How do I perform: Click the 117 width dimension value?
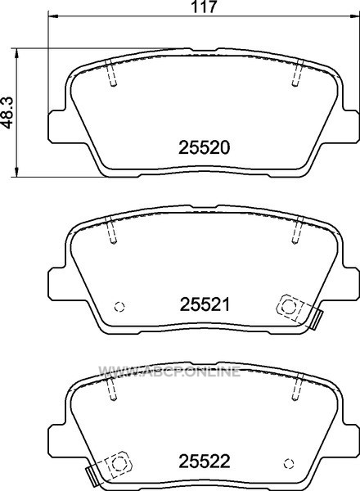tap(204, 7)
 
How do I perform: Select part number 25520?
tap(205, 147)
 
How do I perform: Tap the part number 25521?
tap(205, 304)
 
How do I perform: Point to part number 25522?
tap(205, 462)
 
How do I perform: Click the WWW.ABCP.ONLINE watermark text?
tap(169, 372)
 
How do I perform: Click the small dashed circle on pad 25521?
tap(119, 307)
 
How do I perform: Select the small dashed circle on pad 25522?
tap(289, 464)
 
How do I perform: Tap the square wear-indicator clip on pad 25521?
tap(290, 307)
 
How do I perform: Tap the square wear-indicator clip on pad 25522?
tap(119, 464)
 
